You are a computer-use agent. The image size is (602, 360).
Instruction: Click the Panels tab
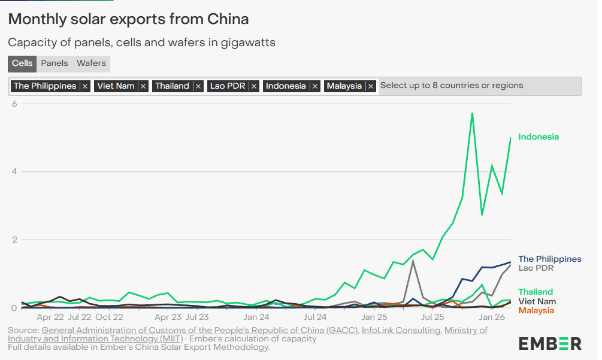pyautogui.click(x=55, y=63)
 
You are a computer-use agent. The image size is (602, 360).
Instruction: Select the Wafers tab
pyautogui.click(x=91, y=63)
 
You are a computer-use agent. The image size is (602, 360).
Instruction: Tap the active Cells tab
pyautogui.click(x=22, y=63)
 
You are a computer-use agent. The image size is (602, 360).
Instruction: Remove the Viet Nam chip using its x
pyautogui.click(x=143, y=86)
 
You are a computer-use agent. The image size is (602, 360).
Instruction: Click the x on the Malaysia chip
pyautogui.click(x=371, y=86)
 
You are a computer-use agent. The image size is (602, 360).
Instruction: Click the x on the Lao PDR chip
pyautogui.click(x=254, y=86)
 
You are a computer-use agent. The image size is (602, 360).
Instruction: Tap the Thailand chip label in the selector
pyautogui.click(x=172, y=86)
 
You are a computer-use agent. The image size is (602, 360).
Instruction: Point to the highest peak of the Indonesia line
pyautogui.click(x=472, y=113)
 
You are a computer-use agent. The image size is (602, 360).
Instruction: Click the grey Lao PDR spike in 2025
pyautogui.click(x=413, y=261)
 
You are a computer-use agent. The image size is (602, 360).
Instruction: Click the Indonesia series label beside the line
pyautogui.click(x=538, y=137)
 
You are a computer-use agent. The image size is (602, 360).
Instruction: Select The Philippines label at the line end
pyautogui.click(x=549, y=259)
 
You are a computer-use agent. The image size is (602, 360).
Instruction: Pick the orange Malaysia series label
pyautogui.click(x=536, y=310)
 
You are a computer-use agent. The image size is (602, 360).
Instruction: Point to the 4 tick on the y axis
pyautogui.click(x=14, y=172)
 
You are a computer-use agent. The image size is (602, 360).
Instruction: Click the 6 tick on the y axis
pyautogui.click(x=14, y=104)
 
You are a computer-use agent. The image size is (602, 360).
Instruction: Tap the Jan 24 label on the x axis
pyautogui.click(x=256, y=317)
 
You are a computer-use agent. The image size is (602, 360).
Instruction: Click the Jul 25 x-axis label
pyautogui.click(x=432, y=317)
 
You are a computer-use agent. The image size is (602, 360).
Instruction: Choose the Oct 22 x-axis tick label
pyautogui.click(x=109, y=317)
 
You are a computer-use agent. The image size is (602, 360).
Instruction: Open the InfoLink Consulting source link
pyautogui.click(x=401, y=330)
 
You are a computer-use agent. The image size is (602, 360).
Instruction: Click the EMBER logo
pyautogui.click(x=550, y=343)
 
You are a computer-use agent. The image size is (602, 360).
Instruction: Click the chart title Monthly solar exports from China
pyautogui.click(x=128, y=19)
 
